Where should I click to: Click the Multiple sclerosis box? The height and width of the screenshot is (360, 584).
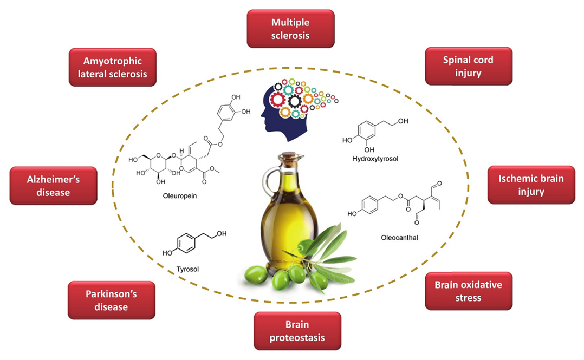tap(290, 29)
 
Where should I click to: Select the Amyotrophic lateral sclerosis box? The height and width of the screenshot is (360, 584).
tap(113, 67)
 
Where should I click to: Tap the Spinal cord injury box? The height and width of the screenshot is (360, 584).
tap(468, 66)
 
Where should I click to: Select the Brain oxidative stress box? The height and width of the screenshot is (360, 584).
tap(468, 291)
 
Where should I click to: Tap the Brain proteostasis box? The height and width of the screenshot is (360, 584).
tap(297, 331)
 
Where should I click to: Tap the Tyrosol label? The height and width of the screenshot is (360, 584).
tap(188, 268)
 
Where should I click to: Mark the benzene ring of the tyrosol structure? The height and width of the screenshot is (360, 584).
tap(186, 243)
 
